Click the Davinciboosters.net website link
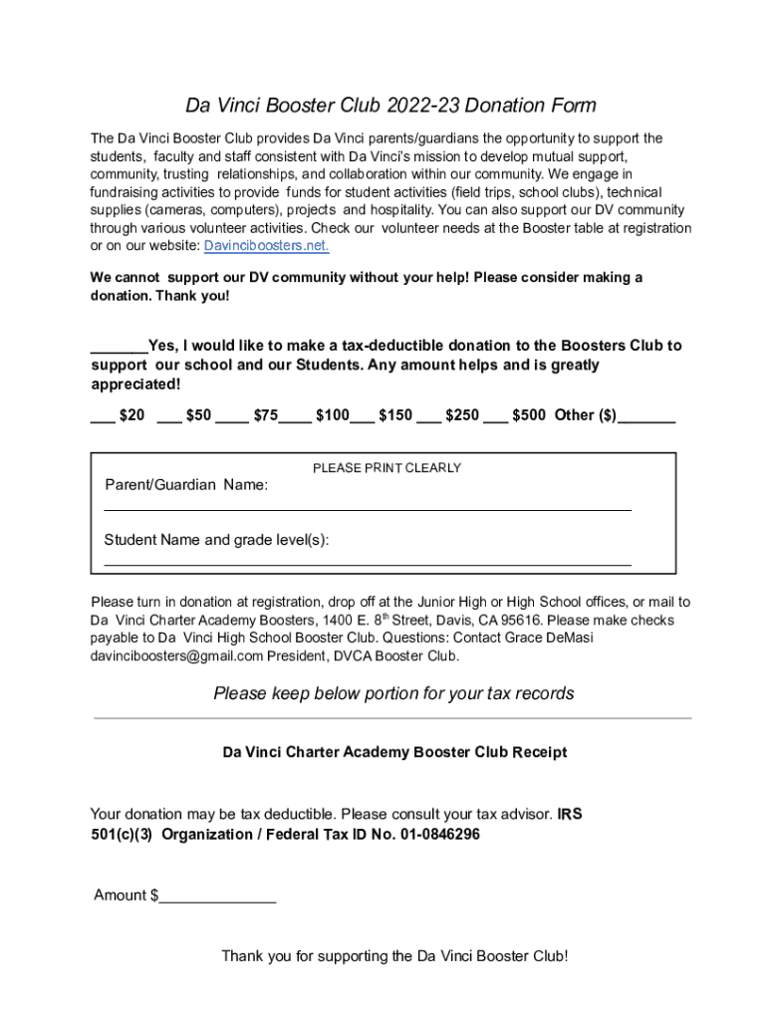pos(266,246)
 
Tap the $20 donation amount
pos(131,415)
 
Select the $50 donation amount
pos(198,415)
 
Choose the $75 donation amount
pos(265,415)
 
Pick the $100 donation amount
pos(332,415)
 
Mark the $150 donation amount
pos(395,415)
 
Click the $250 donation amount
pos(461,415)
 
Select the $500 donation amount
pos(528,415)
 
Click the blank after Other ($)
pos(646,417)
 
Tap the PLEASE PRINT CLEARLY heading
pos(386,468)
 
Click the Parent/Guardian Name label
pos(186,485)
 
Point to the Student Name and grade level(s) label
pos(216,540)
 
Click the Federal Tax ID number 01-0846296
pos(439,834)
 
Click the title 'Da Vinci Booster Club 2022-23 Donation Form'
pos(390,106)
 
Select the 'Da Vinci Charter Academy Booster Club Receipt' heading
pos(394,752)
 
